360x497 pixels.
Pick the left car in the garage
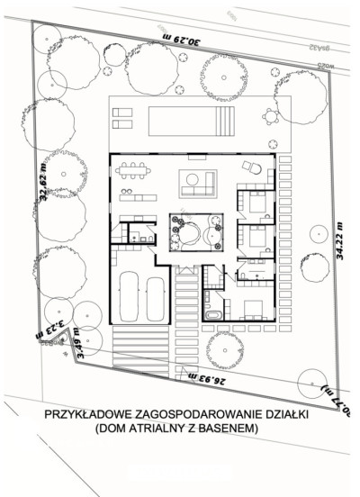[x=128, y=297]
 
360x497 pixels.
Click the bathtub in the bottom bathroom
[x=214, y=315]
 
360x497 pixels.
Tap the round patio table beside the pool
[x=269, y=115]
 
